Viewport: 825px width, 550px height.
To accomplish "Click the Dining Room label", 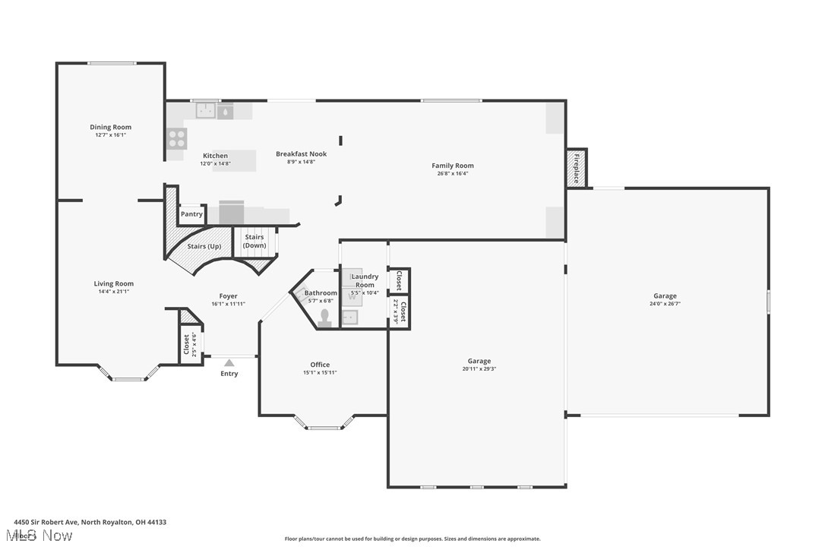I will pyautogui.click(x=111, y=127).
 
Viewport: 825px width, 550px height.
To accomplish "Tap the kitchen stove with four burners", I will pyautogui.click(x=176, y=138).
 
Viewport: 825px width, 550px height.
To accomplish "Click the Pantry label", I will pyautogui.click(x=191, y=214).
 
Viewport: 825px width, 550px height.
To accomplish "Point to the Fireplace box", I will pyautogui.click(x=576, y=168).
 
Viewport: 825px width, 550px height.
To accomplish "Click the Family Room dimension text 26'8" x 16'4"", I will pyautogui.click(x=453, y=173).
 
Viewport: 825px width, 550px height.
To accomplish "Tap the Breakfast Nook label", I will pyautogui.click(x=301, y=154).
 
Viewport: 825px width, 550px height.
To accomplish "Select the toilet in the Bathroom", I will pyautogui.click(x=326, y=317).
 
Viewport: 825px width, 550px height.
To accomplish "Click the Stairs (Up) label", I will pyautogui.click(x=204, y=246).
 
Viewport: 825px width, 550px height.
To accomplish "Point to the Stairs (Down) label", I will pyautogui.click(x=254, y=241).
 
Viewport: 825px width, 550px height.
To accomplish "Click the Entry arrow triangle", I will pyautogui.click(x=229, y=363).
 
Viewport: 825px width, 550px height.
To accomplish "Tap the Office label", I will pyautogui.click(x=320, y=365).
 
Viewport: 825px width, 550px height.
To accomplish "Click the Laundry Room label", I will pyautogui.click(x=365, y=280).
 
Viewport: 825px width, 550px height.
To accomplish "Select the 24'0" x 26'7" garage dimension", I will pyautogui.click(x=665, y=304).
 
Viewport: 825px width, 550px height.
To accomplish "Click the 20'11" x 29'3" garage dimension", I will pyautogui.click(x=479, y=369).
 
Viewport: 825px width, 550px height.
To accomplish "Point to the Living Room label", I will pyautogui.click(x=114, y=283).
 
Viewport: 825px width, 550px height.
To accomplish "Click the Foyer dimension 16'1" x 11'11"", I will pyautogui.click(x=228, y=304).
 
